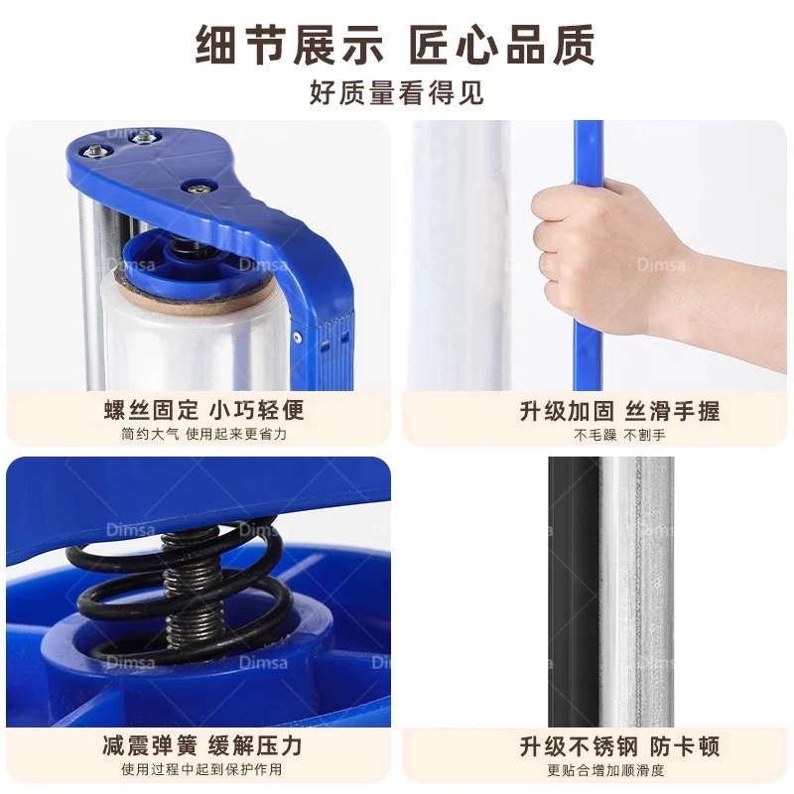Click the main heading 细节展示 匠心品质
(395, 45)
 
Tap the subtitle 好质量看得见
(396, 92)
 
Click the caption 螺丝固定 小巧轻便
(204, 410)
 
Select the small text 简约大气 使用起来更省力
(204, 434)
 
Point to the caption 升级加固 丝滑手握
(619, 411)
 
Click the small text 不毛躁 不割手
(619, 435)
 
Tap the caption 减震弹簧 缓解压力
(202, 746)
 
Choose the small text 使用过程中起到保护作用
(201, 770)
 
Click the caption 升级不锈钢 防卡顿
(619, 747)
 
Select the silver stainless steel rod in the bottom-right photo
(638, 592)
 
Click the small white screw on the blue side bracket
(297, 336)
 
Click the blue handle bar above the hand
(589, 152)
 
